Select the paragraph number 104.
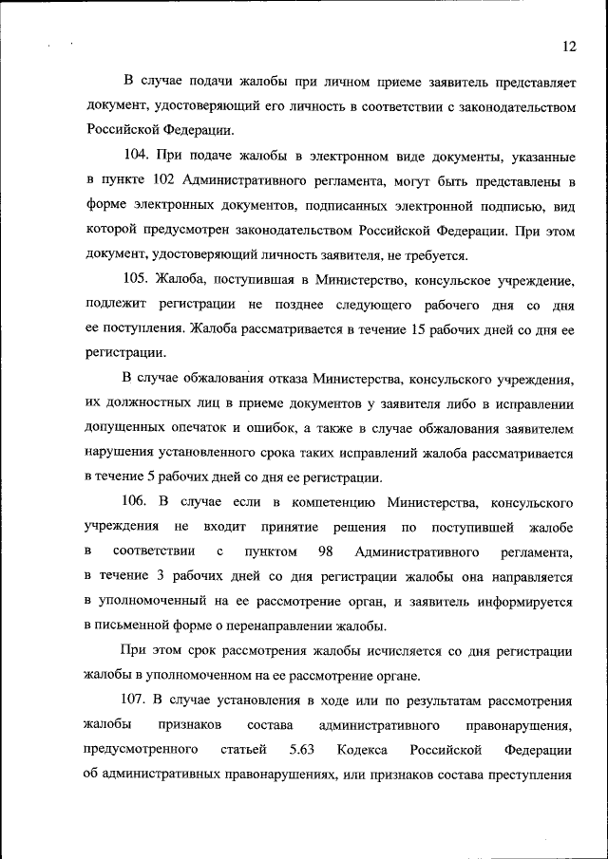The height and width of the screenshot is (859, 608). pos(139,155)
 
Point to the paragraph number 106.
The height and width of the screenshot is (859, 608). pos(139,501)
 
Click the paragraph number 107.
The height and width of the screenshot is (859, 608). pos(139,700)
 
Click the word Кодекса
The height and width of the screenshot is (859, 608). pos(362,751)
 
